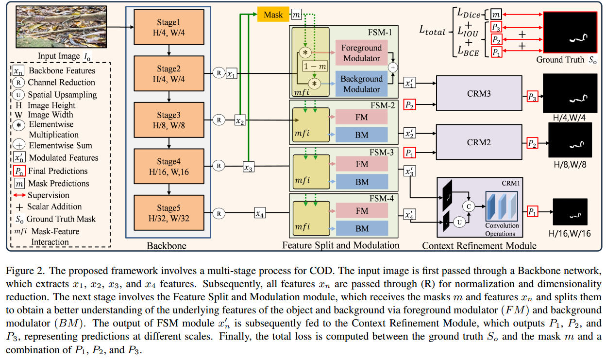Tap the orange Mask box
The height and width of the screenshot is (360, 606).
(x=273, y=15)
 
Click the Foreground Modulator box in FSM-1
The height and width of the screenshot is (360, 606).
(x=361, y=53)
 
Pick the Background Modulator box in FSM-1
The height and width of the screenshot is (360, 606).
(x=361, y=84)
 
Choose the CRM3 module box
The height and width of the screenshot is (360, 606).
(x=479, y=93)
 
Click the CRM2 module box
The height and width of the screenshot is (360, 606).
(x=479, y=142)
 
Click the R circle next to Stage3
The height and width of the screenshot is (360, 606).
(x=219, y=119)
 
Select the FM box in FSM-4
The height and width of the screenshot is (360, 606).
(x=362, y=211)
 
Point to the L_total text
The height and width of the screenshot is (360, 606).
(x=432, y=32)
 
